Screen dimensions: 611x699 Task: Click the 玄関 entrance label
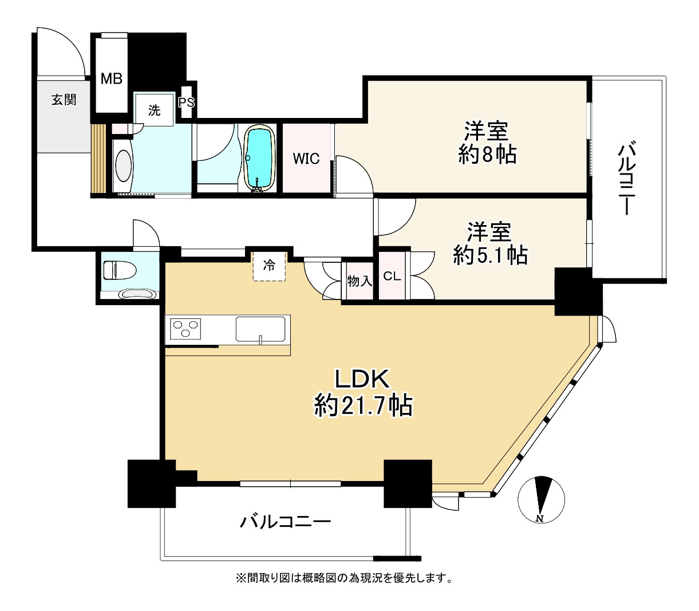tap(64, 100)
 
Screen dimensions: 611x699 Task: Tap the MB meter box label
tap(112, 78)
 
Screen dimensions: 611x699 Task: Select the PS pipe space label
tap(186, 103)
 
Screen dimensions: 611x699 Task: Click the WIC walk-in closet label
tap(306, 159)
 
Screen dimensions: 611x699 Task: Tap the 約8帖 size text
tap(487, 154)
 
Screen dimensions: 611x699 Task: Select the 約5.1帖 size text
tap(490, 255)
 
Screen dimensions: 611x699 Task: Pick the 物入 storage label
tap(360, 281)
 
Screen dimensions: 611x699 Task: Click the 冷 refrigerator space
tap(268, 266)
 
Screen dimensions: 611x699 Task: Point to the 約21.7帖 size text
tap(363, 406)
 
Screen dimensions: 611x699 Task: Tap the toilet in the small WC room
tap(116, 269)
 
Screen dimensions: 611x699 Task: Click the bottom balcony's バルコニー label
tap(285, 522)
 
